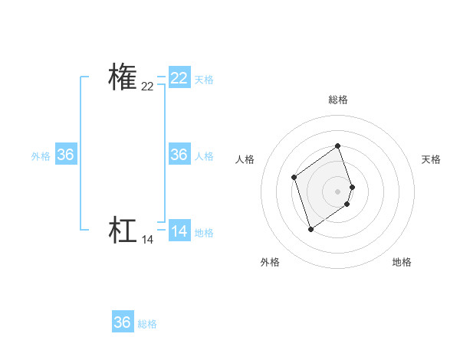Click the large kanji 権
(x=123, y=77)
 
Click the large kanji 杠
(x=123, y=231)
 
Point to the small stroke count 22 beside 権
(x=147, y=87)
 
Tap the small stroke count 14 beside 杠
(x=147, y=240)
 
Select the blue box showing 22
(x=179, y=78)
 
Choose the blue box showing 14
(x=179, y=231)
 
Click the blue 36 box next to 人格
(x=179, y=155)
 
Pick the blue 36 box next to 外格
(x=66, y=155)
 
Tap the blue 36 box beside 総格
(x=123, y=322)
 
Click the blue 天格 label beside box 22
(x=204, y=80)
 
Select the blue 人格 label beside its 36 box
(x=204, y=156)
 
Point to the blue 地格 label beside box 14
(x=204, y=233)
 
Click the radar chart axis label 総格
(x=338, y=100)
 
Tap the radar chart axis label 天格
(x=431, y=159)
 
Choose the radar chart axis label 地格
(x=402, y=263)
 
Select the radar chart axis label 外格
(x=270, y=263)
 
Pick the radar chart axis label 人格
(x=245, y=159)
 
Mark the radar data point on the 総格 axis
(x=338, y=146)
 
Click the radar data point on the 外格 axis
(x=310, y=229)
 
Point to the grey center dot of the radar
(x=338, y=191)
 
